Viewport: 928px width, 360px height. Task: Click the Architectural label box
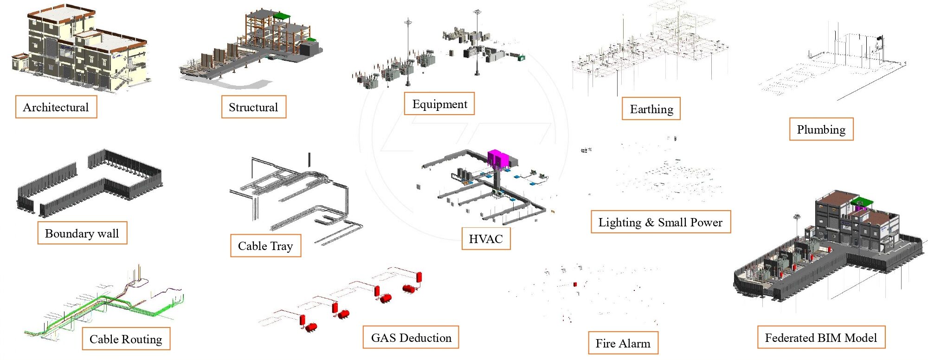56,107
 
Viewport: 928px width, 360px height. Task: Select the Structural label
253,107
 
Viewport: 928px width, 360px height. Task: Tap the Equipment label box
439,104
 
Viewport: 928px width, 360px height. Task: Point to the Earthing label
651,109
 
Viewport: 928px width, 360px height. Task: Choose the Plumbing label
821,129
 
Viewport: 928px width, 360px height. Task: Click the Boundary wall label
82,233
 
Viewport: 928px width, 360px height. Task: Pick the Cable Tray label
265,246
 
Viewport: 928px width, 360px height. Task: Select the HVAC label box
486,239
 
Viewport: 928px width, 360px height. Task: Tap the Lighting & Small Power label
660,222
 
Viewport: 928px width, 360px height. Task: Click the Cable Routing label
126,339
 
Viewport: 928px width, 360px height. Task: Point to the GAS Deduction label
411,338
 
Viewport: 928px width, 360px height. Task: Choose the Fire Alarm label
623,343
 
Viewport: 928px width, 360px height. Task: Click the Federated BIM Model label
821,338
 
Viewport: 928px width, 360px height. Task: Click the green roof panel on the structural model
281,16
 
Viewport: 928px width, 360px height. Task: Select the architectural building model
79,49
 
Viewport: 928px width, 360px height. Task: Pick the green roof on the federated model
862,202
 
